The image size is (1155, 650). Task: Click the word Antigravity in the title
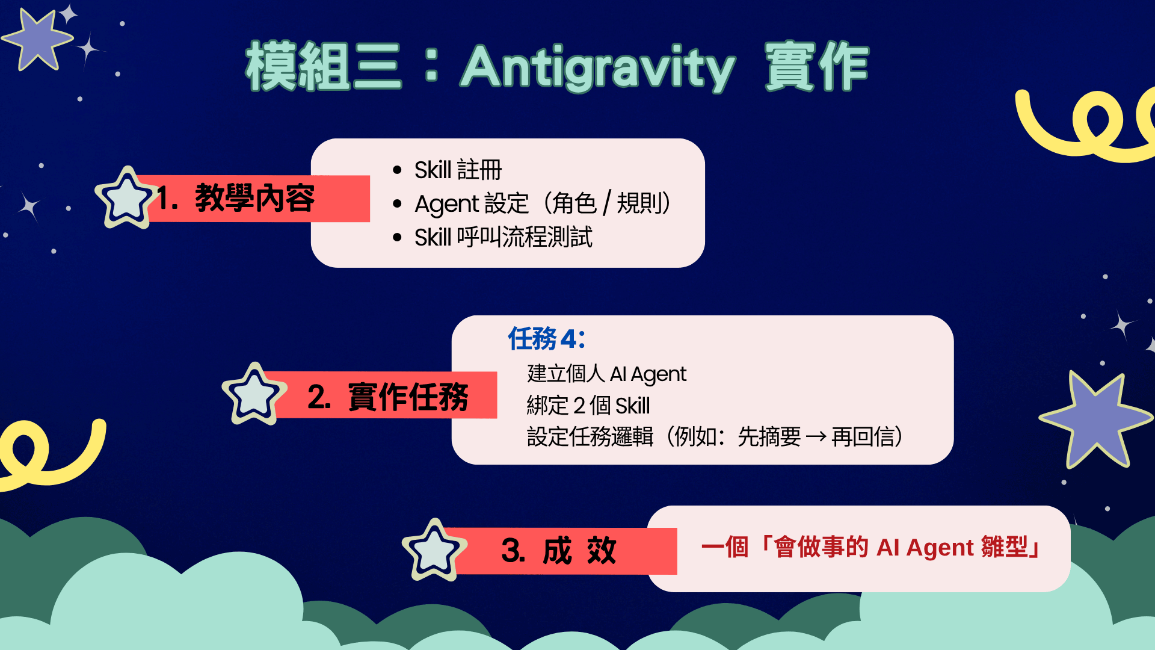[599, 67]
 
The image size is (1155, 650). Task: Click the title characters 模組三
[323, 66]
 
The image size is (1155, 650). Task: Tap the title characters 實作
[817, 66]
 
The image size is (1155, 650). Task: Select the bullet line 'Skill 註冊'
[458, 170]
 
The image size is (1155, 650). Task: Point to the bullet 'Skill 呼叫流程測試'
[504, 237]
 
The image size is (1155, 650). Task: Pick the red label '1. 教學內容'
[236, 198]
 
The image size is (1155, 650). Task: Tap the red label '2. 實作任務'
[387, 396]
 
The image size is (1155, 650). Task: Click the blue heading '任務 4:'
[546, 339]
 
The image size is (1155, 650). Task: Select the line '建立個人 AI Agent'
[606, 374]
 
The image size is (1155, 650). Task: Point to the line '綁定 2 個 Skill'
[588, 406]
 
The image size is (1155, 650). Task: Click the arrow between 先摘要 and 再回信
[816, 437]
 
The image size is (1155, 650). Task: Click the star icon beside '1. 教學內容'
[126, 198]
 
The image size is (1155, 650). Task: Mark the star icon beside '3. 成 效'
[434, 550]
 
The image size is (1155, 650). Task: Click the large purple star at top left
[38, 40]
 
